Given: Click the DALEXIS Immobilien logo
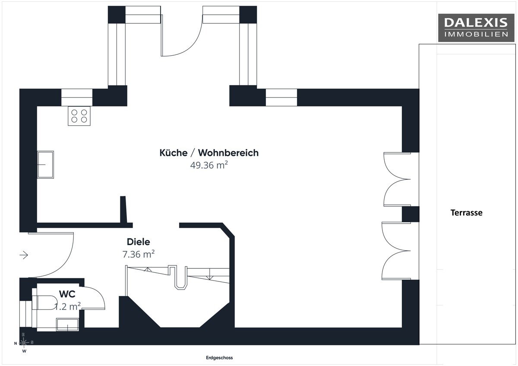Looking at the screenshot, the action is click(476, 28).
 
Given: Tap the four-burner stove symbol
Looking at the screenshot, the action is click(79, 116).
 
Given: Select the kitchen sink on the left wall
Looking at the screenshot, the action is click(46, 164).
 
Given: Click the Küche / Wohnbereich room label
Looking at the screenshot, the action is click(209, 153).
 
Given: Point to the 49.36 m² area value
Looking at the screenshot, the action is click(209, 165).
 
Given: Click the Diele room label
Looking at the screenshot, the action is click(138, 242).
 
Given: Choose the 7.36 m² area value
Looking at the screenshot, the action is click(138, 254).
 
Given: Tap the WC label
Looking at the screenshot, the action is click(67, 294).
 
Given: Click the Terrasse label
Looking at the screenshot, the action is click(467, 213).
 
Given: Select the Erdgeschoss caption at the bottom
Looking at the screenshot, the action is click(219, 358).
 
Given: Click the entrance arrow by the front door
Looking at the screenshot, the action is click(24, 255).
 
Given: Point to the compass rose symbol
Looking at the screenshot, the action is click(24, 343).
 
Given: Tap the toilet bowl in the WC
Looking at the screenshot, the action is click(44, 303).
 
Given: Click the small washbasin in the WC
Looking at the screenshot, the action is click(67, 325).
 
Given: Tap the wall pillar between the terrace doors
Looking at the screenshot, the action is click(411, 214).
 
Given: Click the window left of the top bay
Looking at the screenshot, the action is click(77, 98).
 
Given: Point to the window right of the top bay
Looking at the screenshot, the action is click(281, 98).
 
